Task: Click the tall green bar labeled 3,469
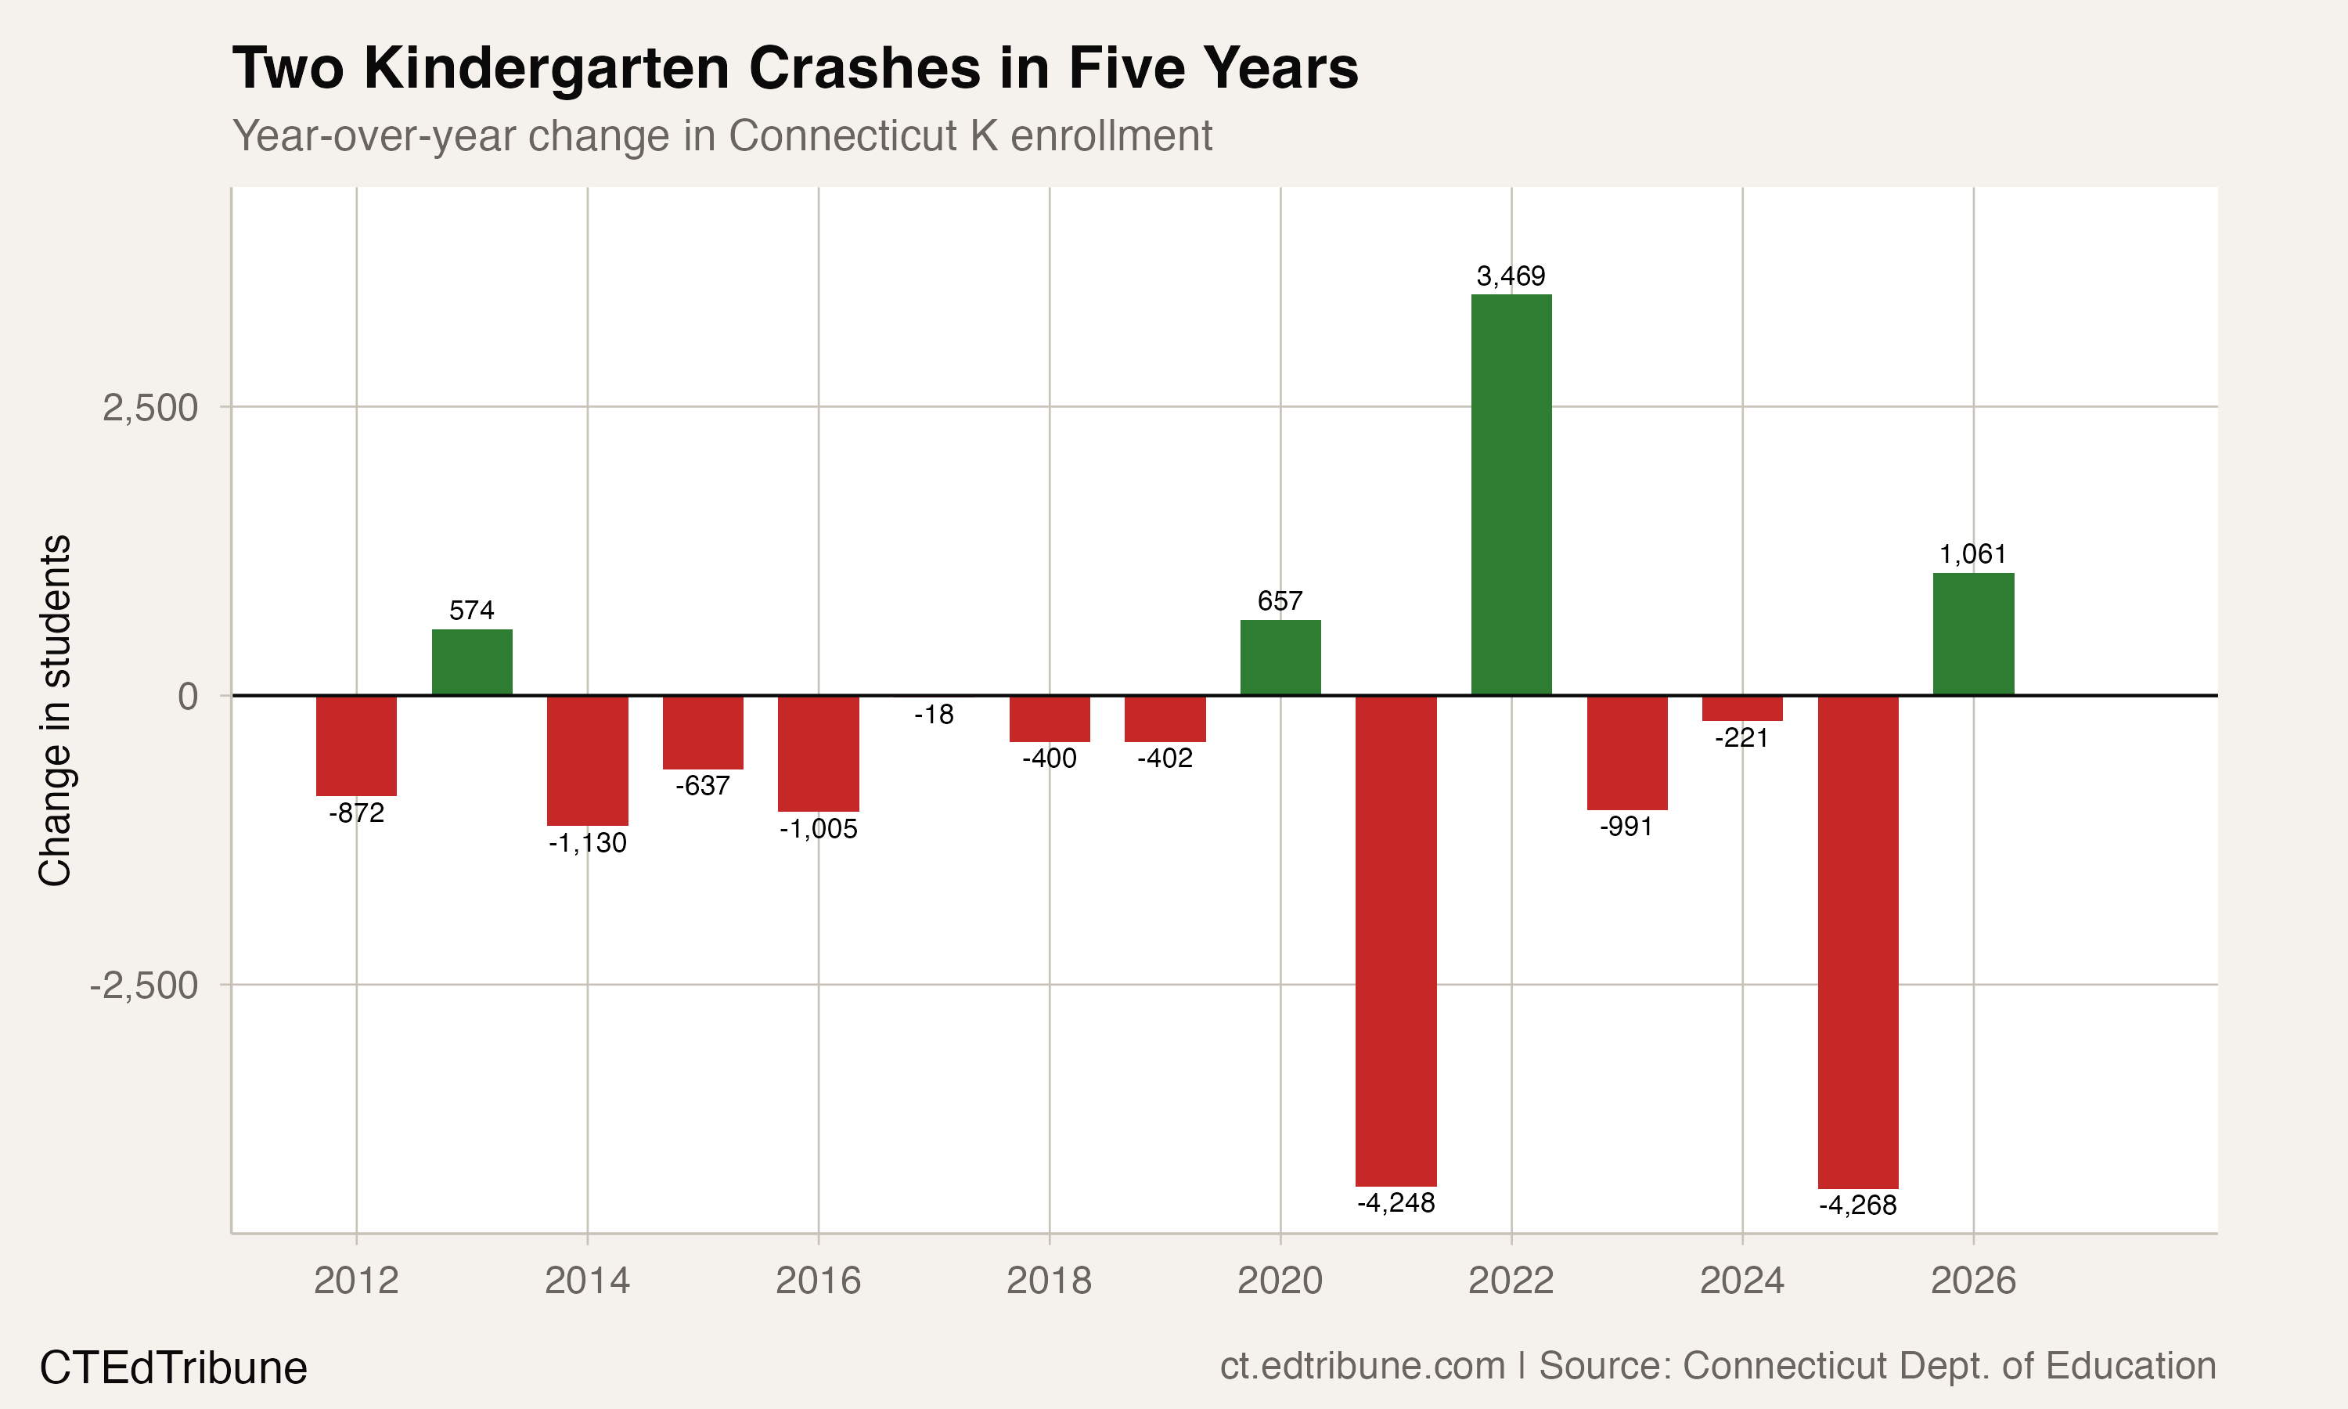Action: pyautogui.click(x=1511, y=494)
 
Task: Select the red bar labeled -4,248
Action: pyautogui.click(x=1395, y=940)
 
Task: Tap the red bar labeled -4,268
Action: pyautogui.click(x=1857, y=940)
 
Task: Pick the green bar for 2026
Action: pyautogui.click(x=1973, y=633)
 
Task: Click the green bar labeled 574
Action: pyautogui.click(x=472, y=661)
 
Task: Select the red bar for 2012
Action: pyautogui.click(x=356, y=745)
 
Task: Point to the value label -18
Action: pyautogui.click(x=934, y=715)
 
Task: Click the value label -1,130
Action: pyautogui.click(x=588, y=843)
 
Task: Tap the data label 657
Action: pyautogui.click(x=1280, y=601)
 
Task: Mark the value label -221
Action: pyautogui.click(x=1741, y=737)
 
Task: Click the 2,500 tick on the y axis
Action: pyautogui.click(x=150, y=409)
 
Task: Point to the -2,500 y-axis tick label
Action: pyautogui.click(x=143, y=986)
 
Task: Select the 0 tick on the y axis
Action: pyautogui.click(x=187, y=697)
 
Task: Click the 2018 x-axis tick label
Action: pyautogui.click(x=1049, y=1281)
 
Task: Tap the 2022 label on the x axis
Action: pyautogui.click(x=1511, y=1281)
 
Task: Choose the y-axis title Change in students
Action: pyautogui.click(x=55, y=710)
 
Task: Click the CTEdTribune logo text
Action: pyautogui.click(x=173, y=1368)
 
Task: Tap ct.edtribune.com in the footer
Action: pyautogui.click(x=1362, y=1366)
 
